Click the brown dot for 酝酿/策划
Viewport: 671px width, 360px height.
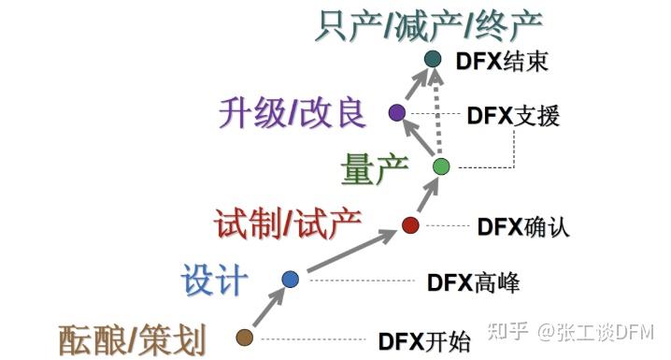point(245,337)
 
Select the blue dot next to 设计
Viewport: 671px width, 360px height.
point(290,279)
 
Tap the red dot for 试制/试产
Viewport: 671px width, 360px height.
point(409,224)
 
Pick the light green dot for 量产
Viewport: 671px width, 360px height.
point(442,166)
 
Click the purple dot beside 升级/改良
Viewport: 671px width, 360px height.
point(396,113)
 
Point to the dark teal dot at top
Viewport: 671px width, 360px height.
point(432,60)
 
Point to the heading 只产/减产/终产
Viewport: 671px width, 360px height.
point(428,23)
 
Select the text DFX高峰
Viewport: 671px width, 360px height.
point(474,281)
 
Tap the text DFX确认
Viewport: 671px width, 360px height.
point(523,226)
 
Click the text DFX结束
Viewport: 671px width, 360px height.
point(501,62)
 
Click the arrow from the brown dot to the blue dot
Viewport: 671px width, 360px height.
point(267,308)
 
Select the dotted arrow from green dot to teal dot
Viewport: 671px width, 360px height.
point(437,112)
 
